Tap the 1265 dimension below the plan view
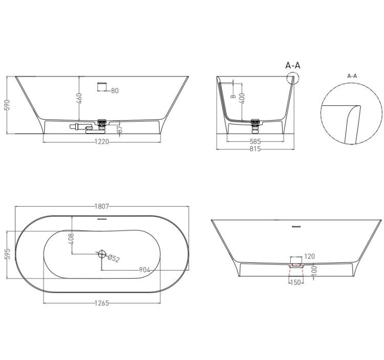tap(102, 303)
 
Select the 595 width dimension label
tap(8, 254)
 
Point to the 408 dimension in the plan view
tap(71, 239)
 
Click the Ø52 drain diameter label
tap(113, 258)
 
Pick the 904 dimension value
tap(144, 270)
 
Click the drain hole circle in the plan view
tap(102, 254)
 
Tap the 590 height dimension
tap(8, 105)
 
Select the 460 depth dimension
tap(79, 98)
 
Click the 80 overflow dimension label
tap(115, 91)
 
